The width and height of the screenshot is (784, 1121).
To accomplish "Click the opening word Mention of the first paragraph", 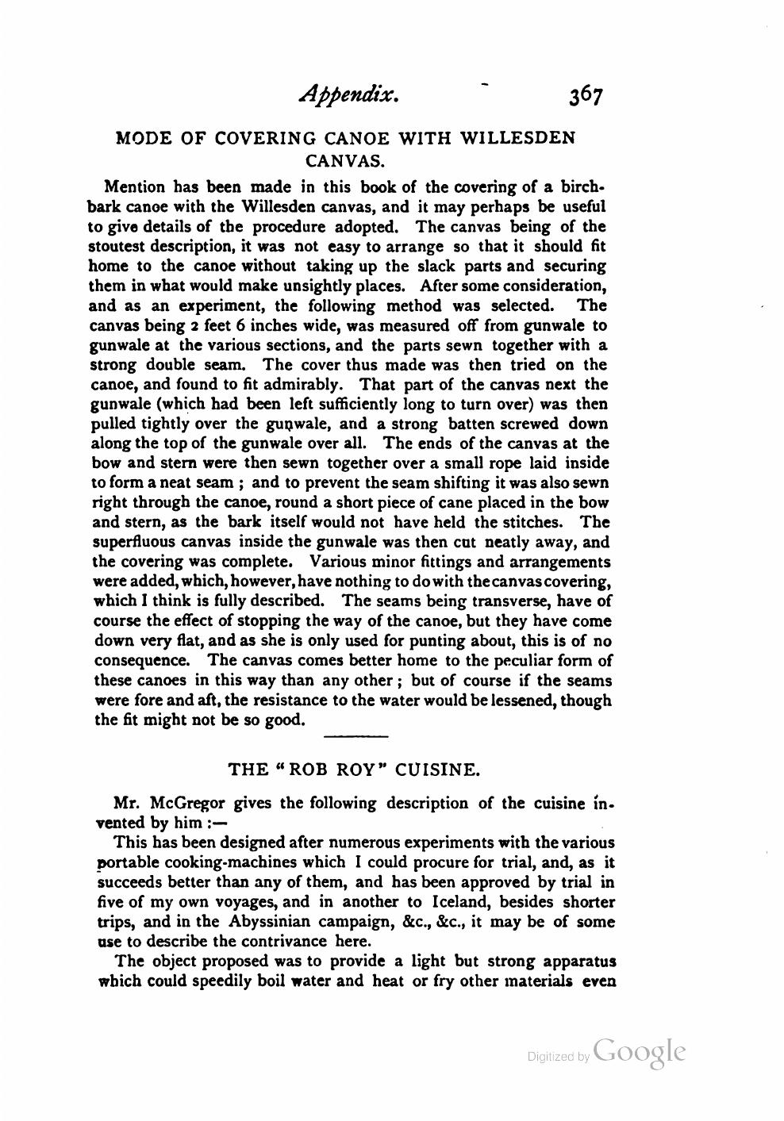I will tap(135, 188).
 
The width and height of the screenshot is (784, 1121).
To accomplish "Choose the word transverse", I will tap(506, 601).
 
